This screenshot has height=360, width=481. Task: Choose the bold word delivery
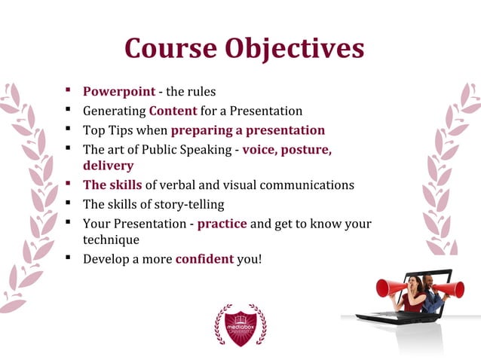tap(108, 166)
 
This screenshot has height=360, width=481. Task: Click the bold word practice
tap(222, 224)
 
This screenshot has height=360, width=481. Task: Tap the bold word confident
tap(204, 259)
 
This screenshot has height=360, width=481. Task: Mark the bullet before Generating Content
tap(68, 111)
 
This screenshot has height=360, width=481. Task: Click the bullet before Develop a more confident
tap(68, 259)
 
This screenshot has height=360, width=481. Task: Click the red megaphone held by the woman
tap(391, 288)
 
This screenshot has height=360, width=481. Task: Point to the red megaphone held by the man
tap(450, 289)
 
